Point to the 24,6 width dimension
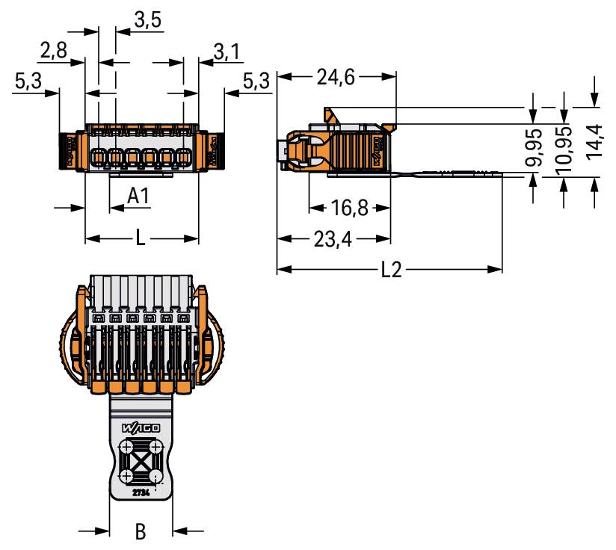pyautogui.click(x=335, y=77)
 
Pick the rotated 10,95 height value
pyautogui.click(x=564, y=146)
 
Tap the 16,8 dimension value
pyautogui.click(x=350, y=208)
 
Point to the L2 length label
pyautogui.click(x=390, y=270)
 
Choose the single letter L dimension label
pyautogui.click(x=141, y=240)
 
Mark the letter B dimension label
pyautogui.click(x=141, y=532)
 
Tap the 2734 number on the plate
pyautogui.click(x=140, y=493)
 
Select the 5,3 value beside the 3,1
pyautogui.click(x=257, y=81)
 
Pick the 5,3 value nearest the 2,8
pyautogui.click(x=28, y=81)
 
